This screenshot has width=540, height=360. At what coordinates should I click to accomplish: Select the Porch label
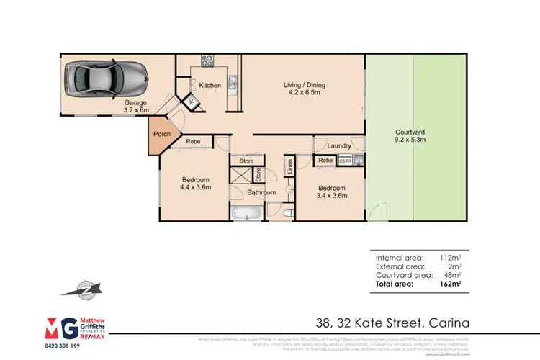coord(161,134)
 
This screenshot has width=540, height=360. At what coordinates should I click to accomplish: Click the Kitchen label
coord(210,86)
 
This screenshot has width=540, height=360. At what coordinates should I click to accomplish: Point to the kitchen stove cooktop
coord(207,61)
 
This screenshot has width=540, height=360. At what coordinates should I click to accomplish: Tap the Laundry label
coord(338,146)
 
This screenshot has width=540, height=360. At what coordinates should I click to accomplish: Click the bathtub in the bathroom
coord(246,212)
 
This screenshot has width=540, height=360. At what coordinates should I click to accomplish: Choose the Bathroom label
coord(261,192)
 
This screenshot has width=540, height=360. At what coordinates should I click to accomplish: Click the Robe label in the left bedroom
coord(193,142)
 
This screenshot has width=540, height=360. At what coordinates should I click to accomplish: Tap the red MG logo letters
coord(61,325)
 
